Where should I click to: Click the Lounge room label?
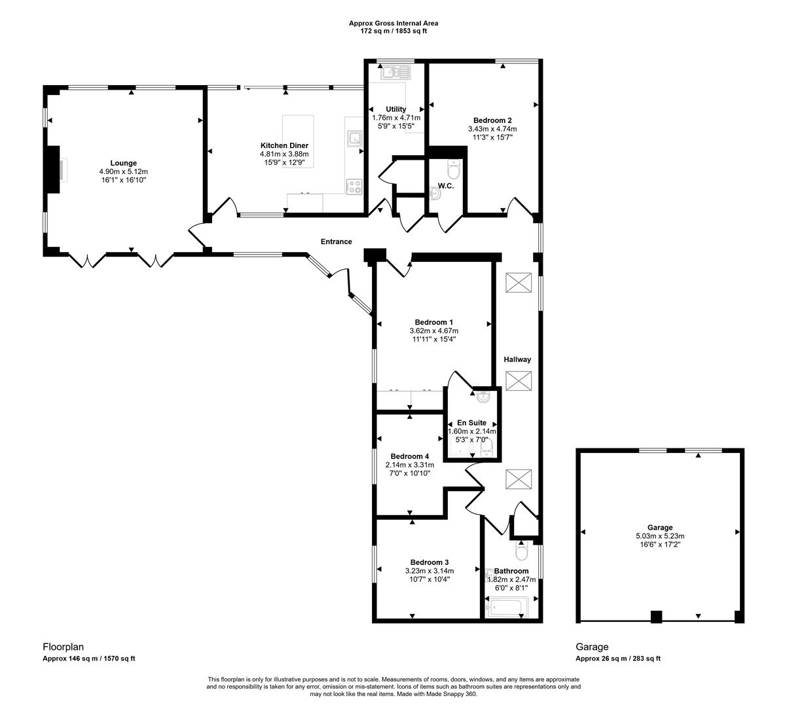pyautogui.click(x=123, y=163)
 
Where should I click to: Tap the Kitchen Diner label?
pyautogui.click(x=284, y=145)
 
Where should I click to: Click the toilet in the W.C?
pyautogui.click(x=453, y=171)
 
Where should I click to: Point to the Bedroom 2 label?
pyautogui.click(x=492, y=120)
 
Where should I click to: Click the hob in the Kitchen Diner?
pyautogui.click(x=354, y=187)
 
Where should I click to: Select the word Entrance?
pyautogui.click(x=336, y=242)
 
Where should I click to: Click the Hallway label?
pyautogui.click(x=517, y=359)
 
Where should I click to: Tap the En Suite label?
pyautogui.click(x=471, y=423)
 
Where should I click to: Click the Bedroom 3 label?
pyautogui.click(x=430, y=562)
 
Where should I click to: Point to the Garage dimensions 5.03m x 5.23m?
pyautogui.click(x=660, y=536)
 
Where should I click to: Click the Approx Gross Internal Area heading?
pyautogui.click(x=393, y=23)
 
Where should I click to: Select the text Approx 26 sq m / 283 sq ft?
pyautogui.click(x=618, y=659)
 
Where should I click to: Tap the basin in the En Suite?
pyautogui.click(x=483, y=396)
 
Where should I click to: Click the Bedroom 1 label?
pyautogui.click(x=433, y=322)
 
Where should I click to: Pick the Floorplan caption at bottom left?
pyautogui.click(x=64, y=646)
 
